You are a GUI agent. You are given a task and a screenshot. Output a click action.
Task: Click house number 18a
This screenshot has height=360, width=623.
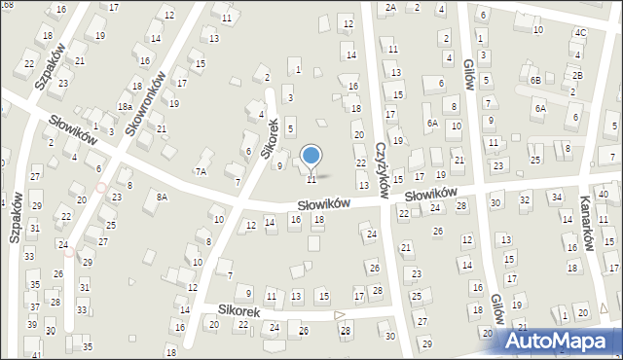tap(125, 106)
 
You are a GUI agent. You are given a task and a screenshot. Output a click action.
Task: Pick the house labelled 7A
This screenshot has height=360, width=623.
tap(201, 171)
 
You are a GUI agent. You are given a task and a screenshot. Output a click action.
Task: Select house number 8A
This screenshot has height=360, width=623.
tap(162, 197)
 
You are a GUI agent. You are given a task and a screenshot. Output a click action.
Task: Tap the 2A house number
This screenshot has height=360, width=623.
tap(390, 7)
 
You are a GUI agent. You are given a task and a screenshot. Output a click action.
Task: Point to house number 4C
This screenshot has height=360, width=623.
tap(580, 32)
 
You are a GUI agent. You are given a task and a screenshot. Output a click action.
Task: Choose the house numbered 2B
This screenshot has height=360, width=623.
tap(577, 75)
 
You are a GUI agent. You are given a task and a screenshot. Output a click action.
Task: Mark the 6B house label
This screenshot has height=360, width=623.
tap(535, 79)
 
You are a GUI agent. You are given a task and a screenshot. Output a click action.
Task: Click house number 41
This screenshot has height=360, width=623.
tap(37, 355)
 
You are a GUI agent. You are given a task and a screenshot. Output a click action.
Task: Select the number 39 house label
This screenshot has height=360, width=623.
tap(32, 324)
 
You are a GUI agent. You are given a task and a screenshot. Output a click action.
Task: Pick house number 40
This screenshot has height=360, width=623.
tap(603, 195)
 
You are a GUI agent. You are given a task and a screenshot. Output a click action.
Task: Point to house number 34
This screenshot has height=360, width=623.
tap(557, 197)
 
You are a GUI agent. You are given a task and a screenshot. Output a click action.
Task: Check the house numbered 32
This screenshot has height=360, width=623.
tap(524, 199)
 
